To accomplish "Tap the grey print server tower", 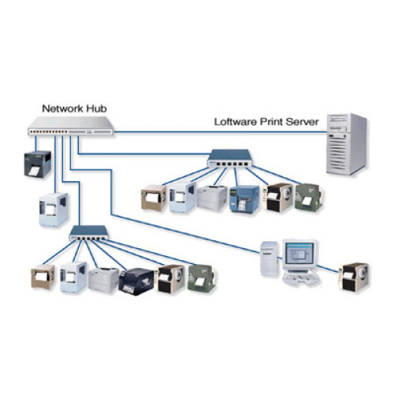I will [x=348, y=143].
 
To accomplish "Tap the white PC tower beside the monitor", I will [x=269, y=259].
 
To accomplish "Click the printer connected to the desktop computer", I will [x=354, y=277].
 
